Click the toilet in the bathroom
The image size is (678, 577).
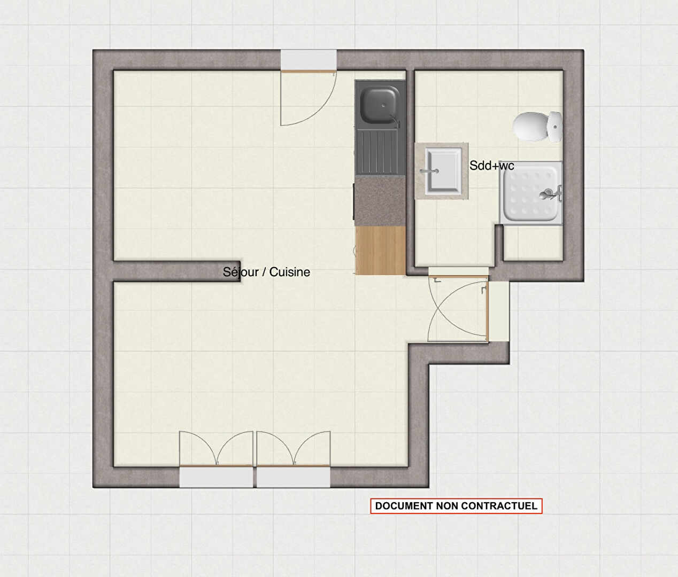(x=537, y=127)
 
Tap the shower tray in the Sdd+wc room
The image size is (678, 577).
(x=531, y=193)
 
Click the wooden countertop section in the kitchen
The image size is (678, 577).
(x=381, y=251)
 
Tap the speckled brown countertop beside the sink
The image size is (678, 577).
(x=380, y=201)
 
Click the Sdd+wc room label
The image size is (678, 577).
(x=491, y=166)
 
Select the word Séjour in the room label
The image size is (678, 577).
(x=241, y=272)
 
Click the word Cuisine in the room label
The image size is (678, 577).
(x=290, y=272)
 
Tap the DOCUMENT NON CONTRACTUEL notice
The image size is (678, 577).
(x=456, y=506)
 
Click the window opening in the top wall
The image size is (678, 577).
(x=309, y=60)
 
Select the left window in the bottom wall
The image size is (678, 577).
(x=216, y=477)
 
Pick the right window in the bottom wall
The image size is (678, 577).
(x=294, y=477)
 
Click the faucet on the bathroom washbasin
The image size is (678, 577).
(x=429, y=171)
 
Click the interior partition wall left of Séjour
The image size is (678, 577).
(x=177, y=271)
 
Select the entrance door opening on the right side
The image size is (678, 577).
(x=498, y=311)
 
